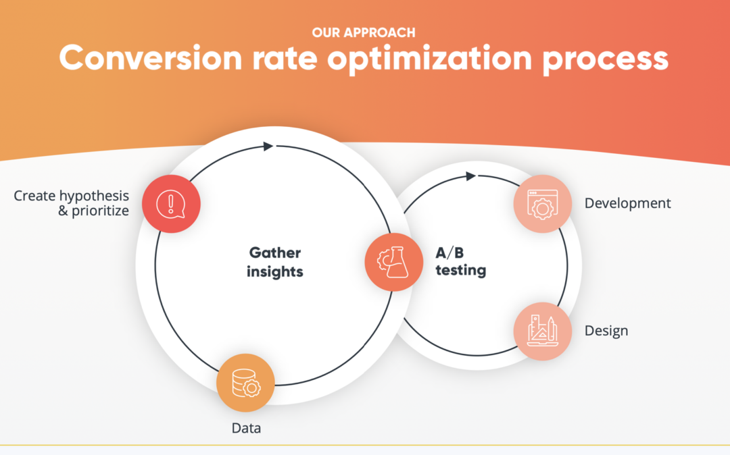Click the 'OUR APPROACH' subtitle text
(x=364, y=32)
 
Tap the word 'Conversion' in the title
(x=150, y=59)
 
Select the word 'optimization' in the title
(x=429, y=59)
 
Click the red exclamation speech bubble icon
(x=171, y=203)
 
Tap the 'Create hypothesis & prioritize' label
(x=71, y=203)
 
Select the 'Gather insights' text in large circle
(x=275, y=263)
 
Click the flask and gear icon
(x=393, y=262)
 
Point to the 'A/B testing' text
(x=460, y=263)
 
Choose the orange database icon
(x=245, y=382)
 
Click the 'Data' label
(x=246, y=428)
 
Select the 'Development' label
(x=627, y=203)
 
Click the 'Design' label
(x=606, y=331)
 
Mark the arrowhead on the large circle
(x=268, y=146)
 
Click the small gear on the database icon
(x=253, y=388)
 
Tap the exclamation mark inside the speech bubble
(x=171, y=202)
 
